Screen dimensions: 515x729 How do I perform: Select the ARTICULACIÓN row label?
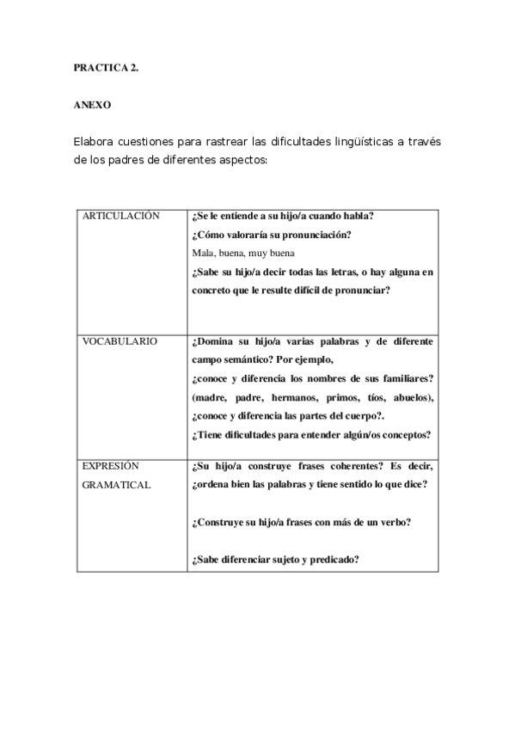120,216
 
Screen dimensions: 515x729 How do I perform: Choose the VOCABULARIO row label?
120,341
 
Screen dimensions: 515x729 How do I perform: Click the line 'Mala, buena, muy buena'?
244,253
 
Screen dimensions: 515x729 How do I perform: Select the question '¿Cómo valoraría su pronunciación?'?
273,235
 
